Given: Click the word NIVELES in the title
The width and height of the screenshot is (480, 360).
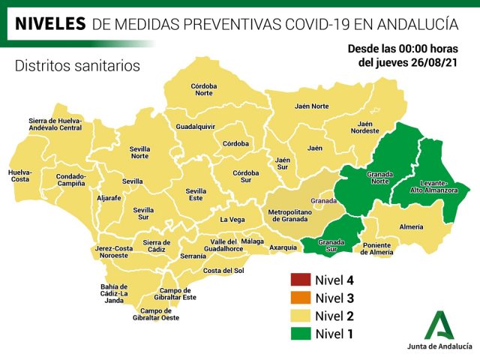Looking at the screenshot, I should pyautogui.click(x=50, y=25).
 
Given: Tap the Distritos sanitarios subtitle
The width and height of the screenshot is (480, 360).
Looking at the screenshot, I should pyautogui.click(x=77, y=66).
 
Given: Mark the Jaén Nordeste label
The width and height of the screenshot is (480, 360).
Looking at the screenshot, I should pyautogui.click(x=364, y=127).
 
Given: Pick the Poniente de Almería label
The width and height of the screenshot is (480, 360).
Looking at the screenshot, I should pyautogui.click(x=376, y=248).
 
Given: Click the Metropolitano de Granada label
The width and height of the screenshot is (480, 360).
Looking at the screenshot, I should pyautogui.click(x=289, y=215).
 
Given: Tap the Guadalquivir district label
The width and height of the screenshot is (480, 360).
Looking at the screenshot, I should pyautogui.click(x=196, y=127).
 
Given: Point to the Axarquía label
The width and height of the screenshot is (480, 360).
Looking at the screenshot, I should pyautogui.click(x=283, y=247).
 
